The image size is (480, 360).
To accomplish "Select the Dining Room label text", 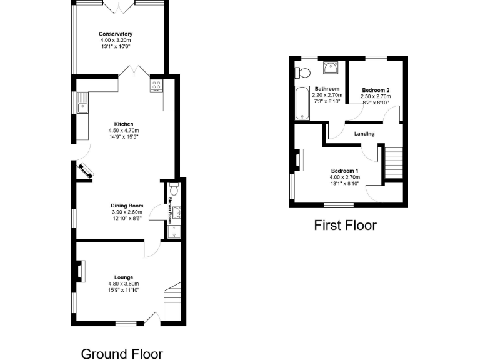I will (127, 206).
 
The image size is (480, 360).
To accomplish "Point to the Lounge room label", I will (123, 277).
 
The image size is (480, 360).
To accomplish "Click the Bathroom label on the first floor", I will (326, 89).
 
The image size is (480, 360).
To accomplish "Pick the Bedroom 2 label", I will (376, 90).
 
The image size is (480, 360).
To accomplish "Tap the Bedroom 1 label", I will (344, 171).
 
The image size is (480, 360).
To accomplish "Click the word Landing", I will (364, 134).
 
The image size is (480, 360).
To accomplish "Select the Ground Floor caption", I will (122, 354).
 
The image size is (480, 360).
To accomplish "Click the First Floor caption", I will (345, 225).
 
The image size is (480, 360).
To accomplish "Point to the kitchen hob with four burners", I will (156, 86).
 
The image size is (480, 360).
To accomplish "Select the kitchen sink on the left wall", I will (82, 106).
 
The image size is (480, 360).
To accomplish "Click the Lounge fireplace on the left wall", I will (79, 272).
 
